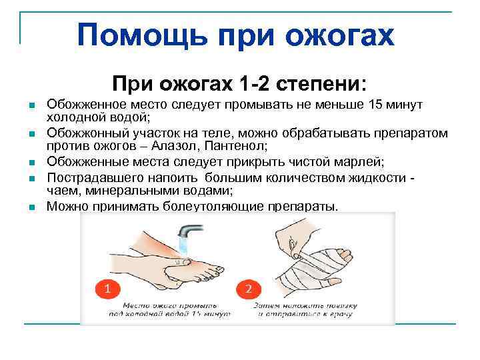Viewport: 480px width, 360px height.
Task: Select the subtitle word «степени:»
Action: click(x=324, y=85)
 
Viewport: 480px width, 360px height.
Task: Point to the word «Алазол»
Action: click(x=207, y=145)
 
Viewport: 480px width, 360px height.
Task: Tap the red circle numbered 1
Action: click(x=107, y=289)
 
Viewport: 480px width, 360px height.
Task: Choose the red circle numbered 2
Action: click(x=248, y=289)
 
